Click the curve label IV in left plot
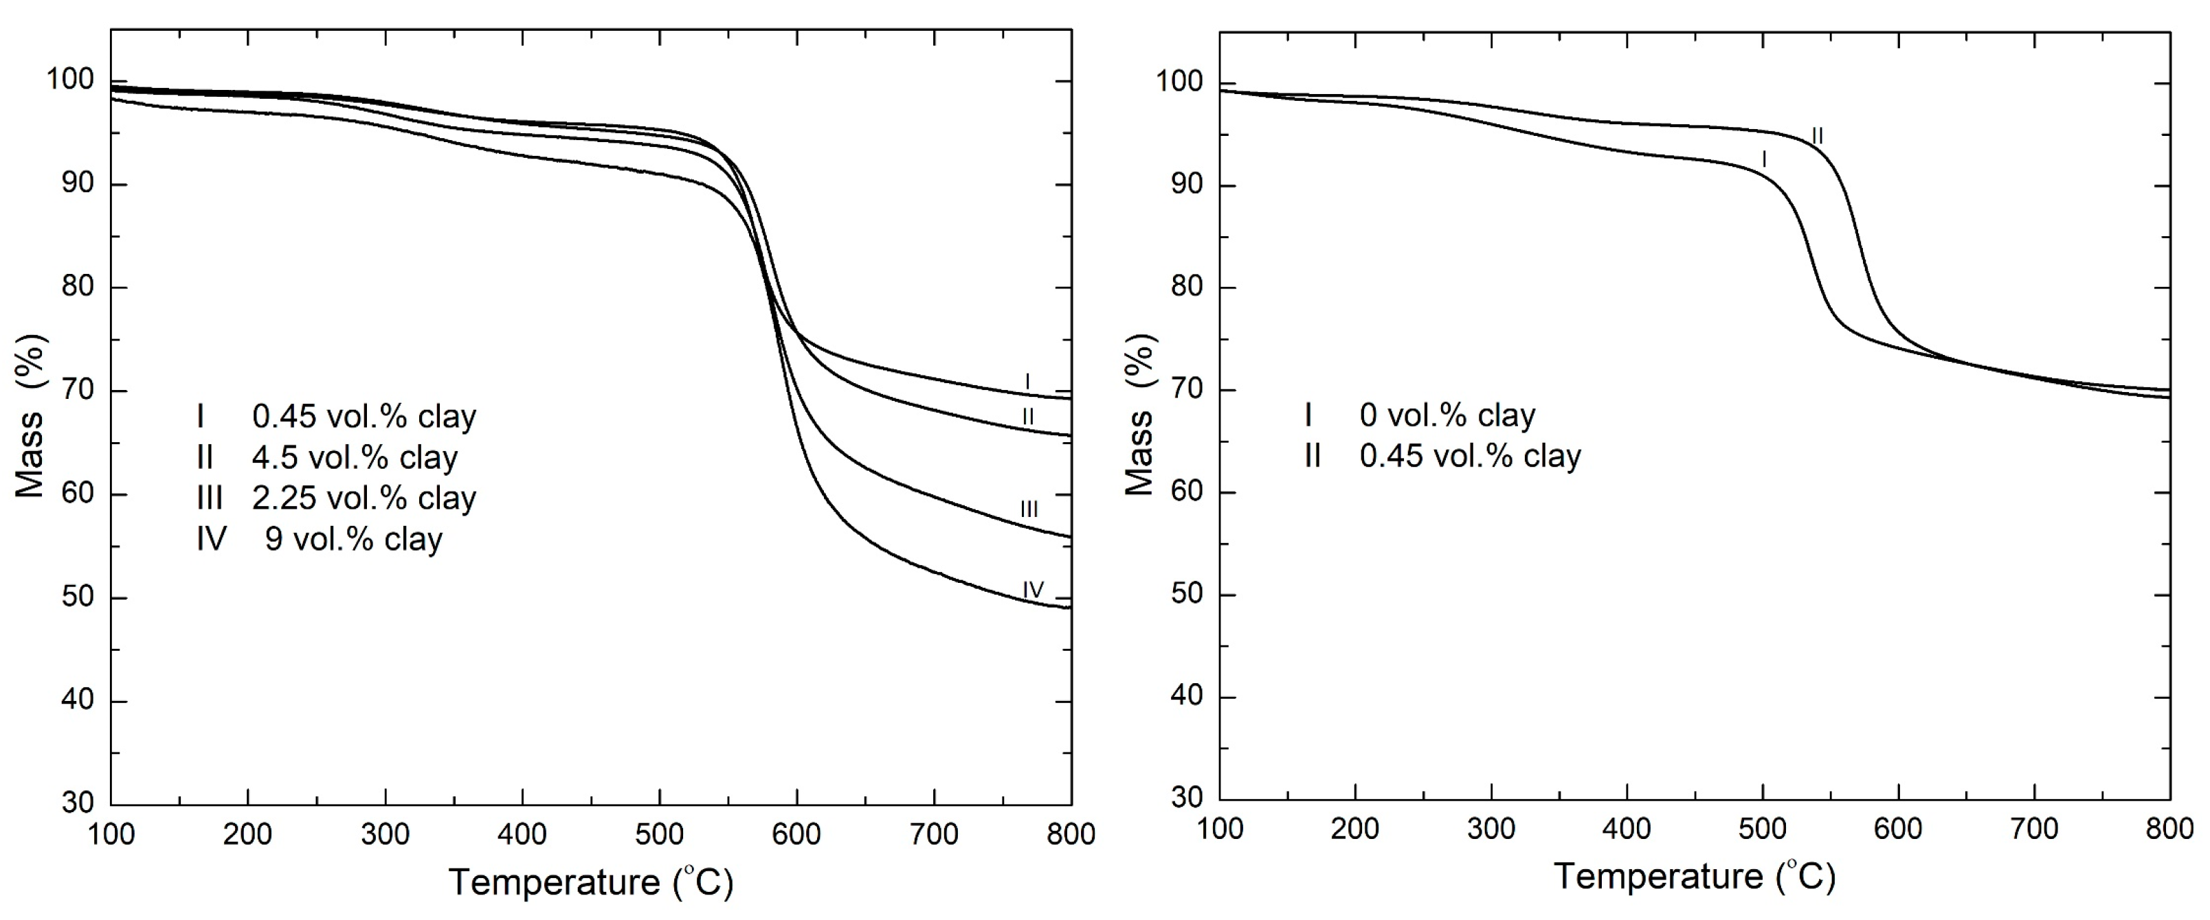(x=1033, y=590)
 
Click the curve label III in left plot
(x=1029, y=509)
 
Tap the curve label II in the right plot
(x=1817, y=135)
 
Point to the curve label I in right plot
(x=1764, y=159)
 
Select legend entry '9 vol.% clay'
(x=353, y=540)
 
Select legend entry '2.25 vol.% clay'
(x=364, y=498)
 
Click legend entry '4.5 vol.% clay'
(x=355, y=457)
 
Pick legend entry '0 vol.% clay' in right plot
(x=1447, y=415)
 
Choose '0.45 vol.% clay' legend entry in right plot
(x=1470, y=455)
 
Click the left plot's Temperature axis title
(x=591, y=882)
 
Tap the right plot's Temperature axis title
(x=1695, y=876)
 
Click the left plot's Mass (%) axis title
(x=31, y=416)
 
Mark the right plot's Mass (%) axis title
(x=1140, y=415)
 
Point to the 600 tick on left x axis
(x=796, y=833)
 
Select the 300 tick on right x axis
(x=1491, y=828)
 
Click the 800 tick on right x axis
(x=2169, y=828)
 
